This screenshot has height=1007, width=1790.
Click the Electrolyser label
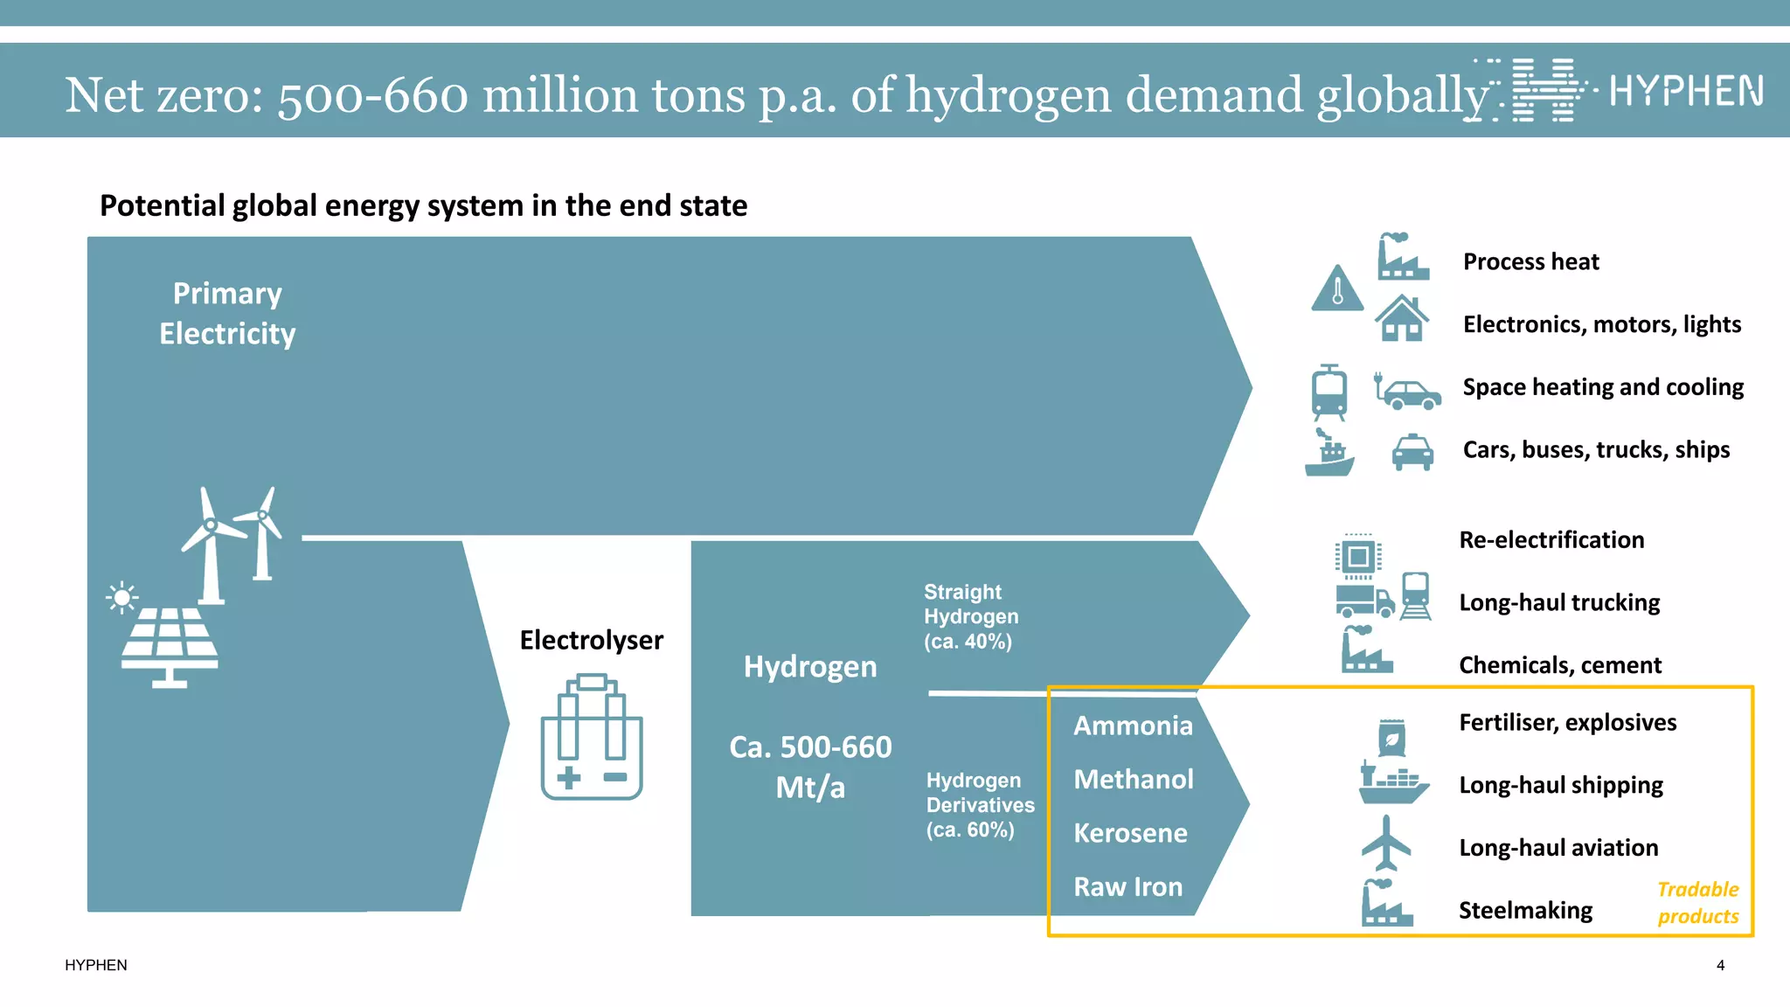[591, 640]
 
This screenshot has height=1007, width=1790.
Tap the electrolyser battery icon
[592, 737]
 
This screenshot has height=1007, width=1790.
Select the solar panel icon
[170, 647]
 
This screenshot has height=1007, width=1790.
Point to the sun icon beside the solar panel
[121, 598]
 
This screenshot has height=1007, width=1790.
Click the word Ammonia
[1133, 726]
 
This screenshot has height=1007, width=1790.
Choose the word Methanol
[1134, 779]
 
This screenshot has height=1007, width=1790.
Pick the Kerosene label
[1130, 833]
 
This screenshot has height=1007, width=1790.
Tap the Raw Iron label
[1127, 886]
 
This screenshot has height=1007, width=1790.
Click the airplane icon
[1386, 844]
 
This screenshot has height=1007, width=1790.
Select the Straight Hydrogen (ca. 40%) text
[970, 616]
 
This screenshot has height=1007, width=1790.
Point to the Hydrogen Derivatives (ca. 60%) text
[980, 804]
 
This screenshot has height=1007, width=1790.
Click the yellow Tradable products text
[1697, 902]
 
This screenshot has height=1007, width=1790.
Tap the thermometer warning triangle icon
[1337, 289]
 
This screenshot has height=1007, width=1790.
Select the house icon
[1402, 318]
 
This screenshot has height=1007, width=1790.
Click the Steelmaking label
[1525, 910]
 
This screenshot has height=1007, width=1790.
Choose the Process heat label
[1530, 261]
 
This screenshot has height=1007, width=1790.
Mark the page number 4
[1720, 965]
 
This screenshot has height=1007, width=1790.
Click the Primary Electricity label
[227, 313]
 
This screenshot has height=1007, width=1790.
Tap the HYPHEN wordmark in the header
[1686, 91]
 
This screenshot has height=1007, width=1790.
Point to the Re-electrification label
[1551, 539]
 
